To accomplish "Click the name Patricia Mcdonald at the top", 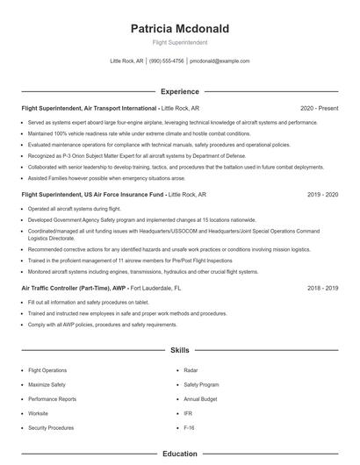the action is point(179,29).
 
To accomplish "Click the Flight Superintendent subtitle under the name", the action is point(179,42).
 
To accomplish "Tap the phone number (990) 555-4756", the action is point(166,61).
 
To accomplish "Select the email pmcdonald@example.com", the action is point(220,61).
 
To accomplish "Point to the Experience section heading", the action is point(179,91).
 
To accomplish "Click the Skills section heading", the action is point(179,349).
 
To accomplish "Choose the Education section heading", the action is point(179,454).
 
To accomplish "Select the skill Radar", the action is point(191,370).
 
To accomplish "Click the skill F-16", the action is point(190,427).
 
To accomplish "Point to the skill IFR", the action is point(188,413).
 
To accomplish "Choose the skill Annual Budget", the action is point(200,399).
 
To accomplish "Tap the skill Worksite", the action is point(38,413).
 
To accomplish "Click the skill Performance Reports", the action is point(52,399).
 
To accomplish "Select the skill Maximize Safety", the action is point(47,384).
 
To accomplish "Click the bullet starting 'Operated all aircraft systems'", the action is point(75,209).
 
